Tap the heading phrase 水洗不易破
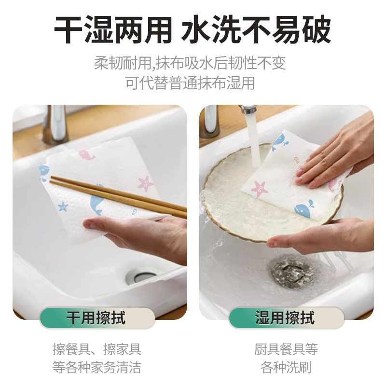[256, 30]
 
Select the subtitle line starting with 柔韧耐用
[190, 63]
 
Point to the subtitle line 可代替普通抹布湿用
[190, 83]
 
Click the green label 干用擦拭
[96, 318]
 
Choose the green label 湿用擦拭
[285, 318]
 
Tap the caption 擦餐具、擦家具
[96, 349]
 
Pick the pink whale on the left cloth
[87, 155]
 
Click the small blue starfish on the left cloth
[63, 207]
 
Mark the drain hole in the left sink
[140, 277]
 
